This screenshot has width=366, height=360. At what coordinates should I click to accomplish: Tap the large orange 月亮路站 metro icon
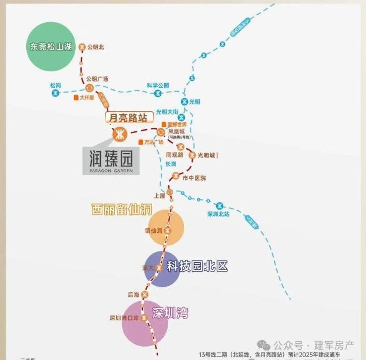coord(120,134)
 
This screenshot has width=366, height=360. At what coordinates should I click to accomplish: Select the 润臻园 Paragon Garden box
coord(111,160)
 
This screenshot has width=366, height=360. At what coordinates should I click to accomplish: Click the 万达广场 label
coord(153,142)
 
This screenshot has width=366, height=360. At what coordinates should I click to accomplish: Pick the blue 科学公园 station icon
coord(158,93)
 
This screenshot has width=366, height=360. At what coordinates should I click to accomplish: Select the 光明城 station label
coord(206,155)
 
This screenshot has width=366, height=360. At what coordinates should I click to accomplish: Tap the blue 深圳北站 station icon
coord(219,205)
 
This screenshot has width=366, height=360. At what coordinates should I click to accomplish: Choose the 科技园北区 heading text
coord(197,266)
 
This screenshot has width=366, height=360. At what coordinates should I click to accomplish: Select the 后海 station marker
coord(144,295)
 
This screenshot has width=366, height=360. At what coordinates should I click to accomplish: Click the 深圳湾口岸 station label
coord(125,318)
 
